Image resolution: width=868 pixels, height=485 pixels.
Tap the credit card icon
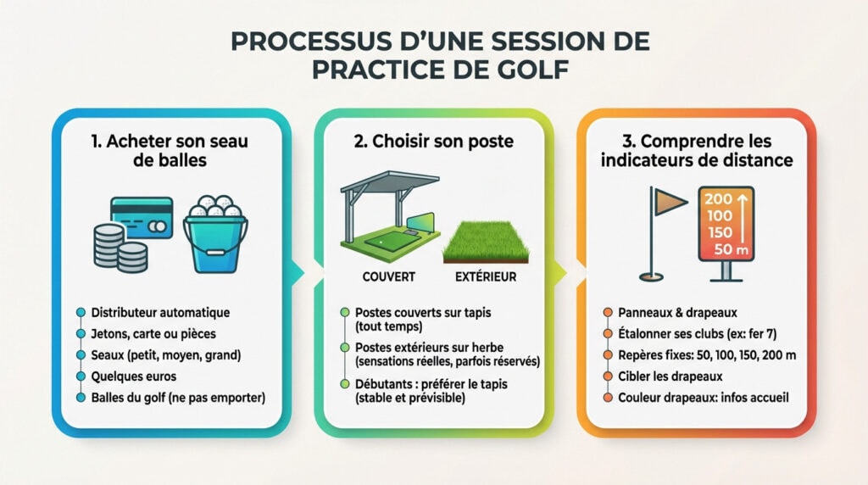click(x=142, y=217)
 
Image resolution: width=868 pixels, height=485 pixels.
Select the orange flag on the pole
click(x=670, y=201)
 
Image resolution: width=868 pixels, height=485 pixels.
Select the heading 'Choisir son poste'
click(x=433, y=141)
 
